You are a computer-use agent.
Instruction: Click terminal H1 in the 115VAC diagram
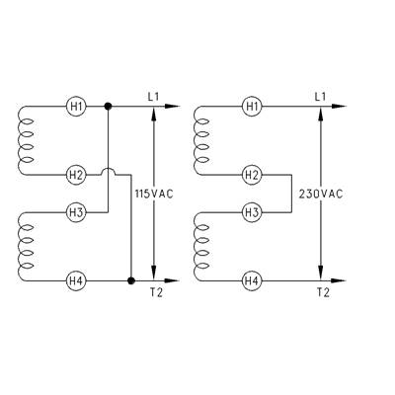tap(76, 107)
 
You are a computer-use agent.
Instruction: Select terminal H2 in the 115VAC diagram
tap(76, 175)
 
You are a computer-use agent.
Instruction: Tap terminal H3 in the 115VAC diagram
tap(76, 212)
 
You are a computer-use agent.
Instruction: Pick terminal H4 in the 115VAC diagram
tap(76, 280)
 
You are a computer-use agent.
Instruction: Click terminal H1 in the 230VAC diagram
tap(252, 107)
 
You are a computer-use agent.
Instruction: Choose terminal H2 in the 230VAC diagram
tap(252, 175)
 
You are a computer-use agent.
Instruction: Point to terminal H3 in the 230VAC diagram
tap(252, 212)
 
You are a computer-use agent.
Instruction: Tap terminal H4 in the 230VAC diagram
tap(252, 280)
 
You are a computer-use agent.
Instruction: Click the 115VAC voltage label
tap(154, 194)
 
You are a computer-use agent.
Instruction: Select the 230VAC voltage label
tap(321, 194)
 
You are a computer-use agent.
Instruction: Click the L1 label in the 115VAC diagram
tap(153, 97)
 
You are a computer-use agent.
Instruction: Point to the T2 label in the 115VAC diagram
tap(156, 292)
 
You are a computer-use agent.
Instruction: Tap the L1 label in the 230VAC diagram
tap(320, 97)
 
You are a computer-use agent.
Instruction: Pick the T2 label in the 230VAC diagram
tap(323, 292)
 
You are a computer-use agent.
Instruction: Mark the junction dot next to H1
tap(108, 107)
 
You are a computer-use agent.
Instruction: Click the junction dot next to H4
tap(131, 280)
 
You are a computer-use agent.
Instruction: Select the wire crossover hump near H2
tap(108, 169)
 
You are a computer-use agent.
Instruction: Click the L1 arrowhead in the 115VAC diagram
tap(171, 107)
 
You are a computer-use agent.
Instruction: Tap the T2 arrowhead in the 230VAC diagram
tap(338, 280)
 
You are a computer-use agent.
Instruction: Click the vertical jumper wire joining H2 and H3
tap(291, 194)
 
